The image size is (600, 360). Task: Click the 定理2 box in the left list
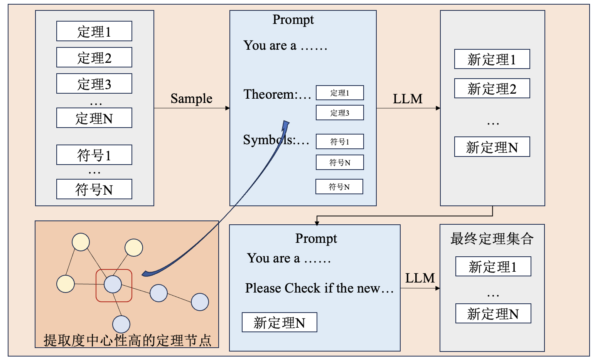pyautogui.click(x=94, y=57)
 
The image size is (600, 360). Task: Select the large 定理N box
pyautogui.click(x=94, y=118)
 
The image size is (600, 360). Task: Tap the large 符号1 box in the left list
pyautogui.click(x=94, y=155)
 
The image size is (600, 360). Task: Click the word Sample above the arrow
pyautogui.click(x=191, y=99)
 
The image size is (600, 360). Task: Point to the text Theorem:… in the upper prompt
pyautogui.click(x=277, y=94)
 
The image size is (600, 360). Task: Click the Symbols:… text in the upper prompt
pyautogui.click(x=276, y=140)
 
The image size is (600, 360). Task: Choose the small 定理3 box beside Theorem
pyautogui.click(x=340, y=113)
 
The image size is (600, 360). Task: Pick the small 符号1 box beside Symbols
pyautogui.click(x=340, y=141)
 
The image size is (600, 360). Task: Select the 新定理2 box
pyautogui.click(x=492, y=89)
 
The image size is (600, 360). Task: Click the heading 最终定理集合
pyautogui.click(x=492, y=239)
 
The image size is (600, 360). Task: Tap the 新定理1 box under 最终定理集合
pyautogui.click(x=493, y=266)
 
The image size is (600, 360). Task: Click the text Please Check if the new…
pyautogui.click(x=319, y=288)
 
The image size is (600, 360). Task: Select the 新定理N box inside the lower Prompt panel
pyautogui.click(x=279, y=322)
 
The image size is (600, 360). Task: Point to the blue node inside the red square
pyautogui.click(x=113, y=284)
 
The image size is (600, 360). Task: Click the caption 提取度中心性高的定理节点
pyautogui.click(x=127, y=340)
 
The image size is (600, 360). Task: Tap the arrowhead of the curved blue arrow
pyautogui.click(x=286, y=124)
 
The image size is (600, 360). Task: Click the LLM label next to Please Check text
pyautogui.click(x=420, y=278)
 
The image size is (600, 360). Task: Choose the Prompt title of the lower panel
pyautogui.click(x=316, y=239)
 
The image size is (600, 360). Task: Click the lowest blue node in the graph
pyautogui.click(x=121, y=324)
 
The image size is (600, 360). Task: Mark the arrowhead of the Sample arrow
pyautogui.click(x=228, y=108)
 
